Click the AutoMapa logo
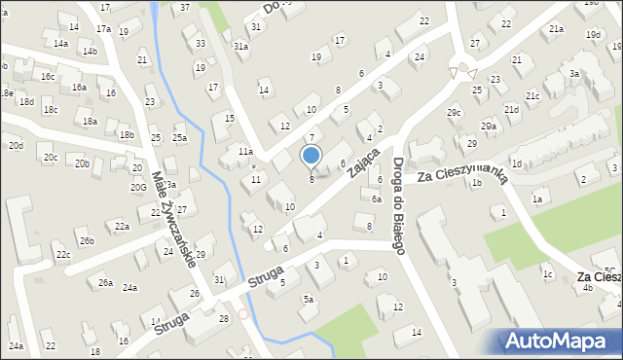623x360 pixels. pos(559,341)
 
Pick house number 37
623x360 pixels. pos(185,8)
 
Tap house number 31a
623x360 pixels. pos(240,46)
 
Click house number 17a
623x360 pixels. pos(103,30)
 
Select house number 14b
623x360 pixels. pos(90,51)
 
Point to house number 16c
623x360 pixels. pos(47,75)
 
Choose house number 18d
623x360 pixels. pos(26,101)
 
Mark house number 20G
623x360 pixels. pos(139,187)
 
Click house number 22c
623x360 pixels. pos(62,255)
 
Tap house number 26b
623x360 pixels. pos(87,240)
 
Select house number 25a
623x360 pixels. pos(179,138)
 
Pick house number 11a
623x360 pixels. pos(246,152)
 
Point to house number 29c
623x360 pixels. pos(454,113)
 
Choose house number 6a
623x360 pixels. pos(376,198)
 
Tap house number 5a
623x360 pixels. pos(308,300)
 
